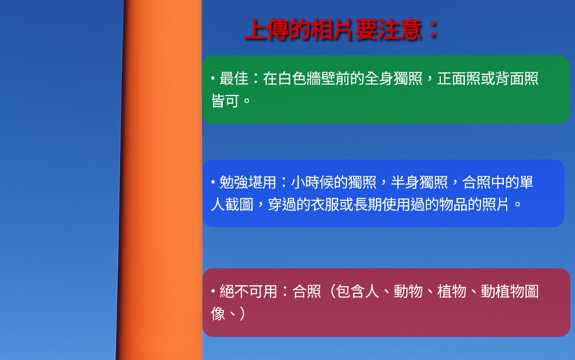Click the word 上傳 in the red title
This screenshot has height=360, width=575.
(267, 29)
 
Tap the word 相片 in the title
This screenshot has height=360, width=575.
(332, 29)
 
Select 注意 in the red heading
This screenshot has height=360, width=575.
(399, 29)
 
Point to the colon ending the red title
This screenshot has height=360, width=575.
(433, 29)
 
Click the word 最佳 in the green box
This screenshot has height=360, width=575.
(234, 78)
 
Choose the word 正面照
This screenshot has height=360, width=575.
(458, 78)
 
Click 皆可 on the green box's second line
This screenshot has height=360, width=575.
(225, 101)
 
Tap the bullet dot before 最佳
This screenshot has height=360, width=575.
(213, 78)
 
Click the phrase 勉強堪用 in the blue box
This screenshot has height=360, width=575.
(248, 182)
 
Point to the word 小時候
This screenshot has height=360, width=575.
(312, 182)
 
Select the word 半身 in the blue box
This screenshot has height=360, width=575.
(405, 182)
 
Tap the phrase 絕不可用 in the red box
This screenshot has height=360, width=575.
(248, 292)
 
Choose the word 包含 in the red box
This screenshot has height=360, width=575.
(350, 292)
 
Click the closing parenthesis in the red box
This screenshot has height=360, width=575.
(242, 314)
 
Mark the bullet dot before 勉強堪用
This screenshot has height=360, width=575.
(213, 182)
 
